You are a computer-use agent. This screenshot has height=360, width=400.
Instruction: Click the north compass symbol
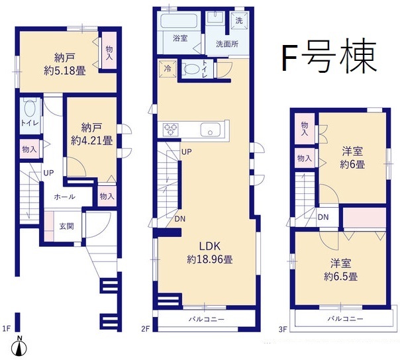(19, 347)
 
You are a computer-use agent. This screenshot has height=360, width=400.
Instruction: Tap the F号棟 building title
(330, 56)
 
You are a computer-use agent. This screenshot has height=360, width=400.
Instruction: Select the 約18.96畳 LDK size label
(210, 259)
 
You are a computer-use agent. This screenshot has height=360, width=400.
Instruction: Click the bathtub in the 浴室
(179, 21)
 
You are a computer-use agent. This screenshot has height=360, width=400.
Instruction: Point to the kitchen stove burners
(170, 130)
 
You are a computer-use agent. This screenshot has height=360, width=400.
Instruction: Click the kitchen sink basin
(211, 130)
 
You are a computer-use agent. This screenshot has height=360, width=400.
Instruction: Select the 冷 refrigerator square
(168, 69)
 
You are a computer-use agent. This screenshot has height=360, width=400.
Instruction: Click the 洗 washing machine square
(239, 21)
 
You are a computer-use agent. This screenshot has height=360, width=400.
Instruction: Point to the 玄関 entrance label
(67, 226)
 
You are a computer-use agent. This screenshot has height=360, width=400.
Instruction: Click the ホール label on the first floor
(65, 197)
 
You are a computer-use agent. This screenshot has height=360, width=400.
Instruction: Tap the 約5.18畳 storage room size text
(65, 71)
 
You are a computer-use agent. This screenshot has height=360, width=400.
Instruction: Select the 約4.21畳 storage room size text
(92, 140)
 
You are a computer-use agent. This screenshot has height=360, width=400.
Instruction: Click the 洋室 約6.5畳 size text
(341, 276)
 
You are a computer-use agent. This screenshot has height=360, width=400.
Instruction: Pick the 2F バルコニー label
(207, 319)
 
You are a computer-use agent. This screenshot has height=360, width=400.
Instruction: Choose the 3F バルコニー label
(346, 318)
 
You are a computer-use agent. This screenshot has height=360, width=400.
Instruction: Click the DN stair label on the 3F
(323, 217)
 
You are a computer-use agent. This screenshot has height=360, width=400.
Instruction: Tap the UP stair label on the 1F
(48, 173)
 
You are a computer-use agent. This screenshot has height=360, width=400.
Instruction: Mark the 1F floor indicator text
(7, 329)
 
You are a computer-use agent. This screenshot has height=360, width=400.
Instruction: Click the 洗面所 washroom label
(227, 44)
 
